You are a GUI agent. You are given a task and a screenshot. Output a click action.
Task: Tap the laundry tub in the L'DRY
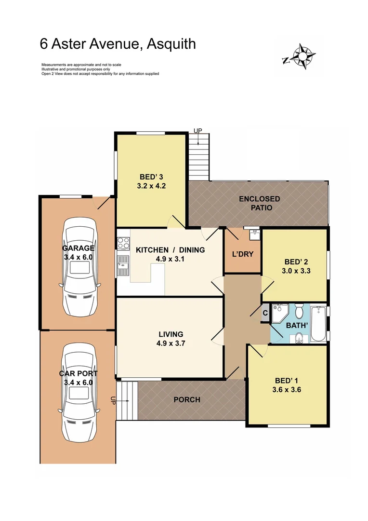coord(254,235)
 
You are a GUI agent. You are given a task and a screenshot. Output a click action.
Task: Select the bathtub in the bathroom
coord(319,324)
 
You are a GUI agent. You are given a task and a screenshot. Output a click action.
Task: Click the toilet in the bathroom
coord(299,312)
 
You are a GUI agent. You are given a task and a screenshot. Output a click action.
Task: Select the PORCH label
coord(186,399)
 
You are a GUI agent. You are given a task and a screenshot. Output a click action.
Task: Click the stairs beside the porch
coord(127,400)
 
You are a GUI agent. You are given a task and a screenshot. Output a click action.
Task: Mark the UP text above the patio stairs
coord(197,131)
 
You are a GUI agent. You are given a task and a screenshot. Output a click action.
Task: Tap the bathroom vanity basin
coord(299,337)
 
